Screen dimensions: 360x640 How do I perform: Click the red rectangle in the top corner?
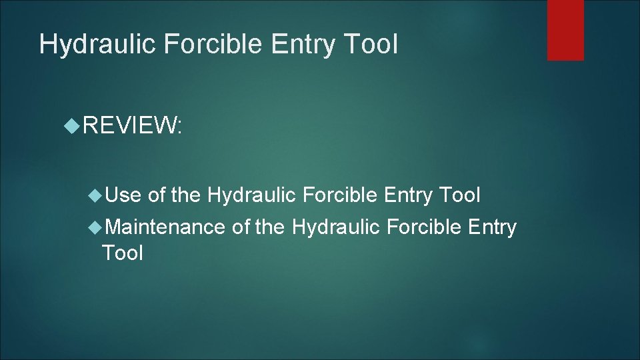(565, 29)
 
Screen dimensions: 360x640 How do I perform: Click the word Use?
(123, 195)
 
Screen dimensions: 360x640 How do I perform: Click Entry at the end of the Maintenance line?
(493, 227)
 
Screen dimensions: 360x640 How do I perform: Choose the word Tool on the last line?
(122, 253)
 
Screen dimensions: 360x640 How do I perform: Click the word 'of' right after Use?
(157, 195)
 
